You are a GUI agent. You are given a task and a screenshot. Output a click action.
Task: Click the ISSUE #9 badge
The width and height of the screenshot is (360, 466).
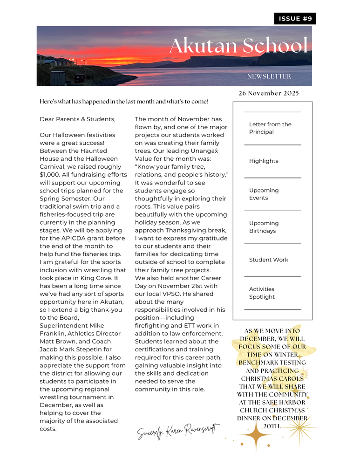[x=295, y=19]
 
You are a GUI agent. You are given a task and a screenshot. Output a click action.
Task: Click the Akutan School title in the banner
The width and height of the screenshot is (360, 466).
[x=238, y=46]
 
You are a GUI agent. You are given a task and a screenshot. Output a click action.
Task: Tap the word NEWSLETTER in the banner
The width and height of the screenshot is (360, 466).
[x=269, y=76]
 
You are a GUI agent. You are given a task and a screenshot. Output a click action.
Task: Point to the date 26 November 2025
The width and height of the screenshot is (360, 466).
[x=269, y=93]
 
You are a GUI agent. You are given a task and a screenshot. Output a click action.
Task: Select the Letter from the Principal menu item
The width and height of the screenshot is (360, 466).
[x=270, y=128]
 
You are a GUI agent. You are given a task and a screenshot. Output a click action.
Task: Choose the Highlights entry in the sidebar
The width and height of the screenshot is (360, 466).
[x=264, y=161]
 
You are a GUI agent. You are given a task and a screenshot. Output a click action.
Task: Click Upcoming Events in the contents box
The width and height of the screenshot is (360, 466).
[x=264, y=194]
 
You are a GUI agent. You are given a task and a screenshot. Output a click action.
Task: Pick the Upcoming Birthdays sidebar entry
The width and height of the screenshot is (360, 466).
[x=264, y=227]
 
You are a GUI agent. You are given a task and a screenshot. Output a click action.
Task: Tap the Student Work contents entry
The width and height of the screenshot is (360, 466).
[x=269, y=260]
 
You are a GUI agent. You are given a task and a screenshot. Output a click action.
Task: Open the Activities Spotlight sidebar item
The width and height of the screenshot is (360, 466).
[x=262, y=293]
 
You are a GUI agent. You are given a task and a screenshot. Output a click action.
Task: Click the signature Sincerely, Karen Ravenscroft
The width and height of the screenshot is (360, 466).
[x=178, y=431]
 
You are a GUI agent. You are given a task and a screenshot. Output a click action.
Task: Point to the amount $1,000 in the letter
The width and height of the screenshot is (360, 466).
[x=51, y=167]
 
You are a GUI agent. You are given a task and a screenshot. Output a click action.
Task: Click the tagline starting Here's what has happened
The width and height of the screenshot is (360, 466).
[x=124, y=102]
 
